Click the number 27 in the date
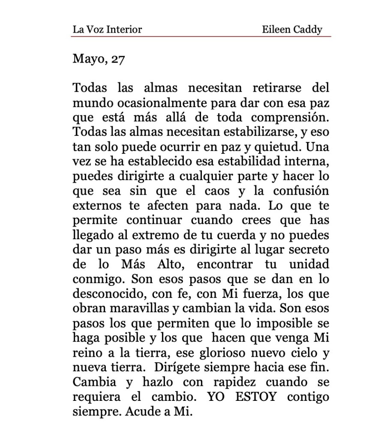pos(118,59)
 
